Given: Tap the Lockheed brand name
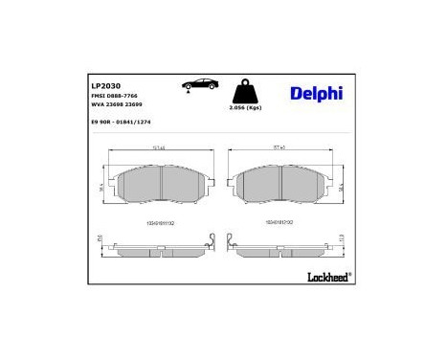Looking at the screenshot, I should pos(327,277).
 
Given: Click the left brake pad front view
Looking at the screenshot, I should pos(160,186).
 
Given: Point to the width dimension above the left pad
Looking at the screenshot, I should pos(160,148).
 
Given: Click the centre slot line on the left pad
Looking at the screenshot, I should pos(161,186).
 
